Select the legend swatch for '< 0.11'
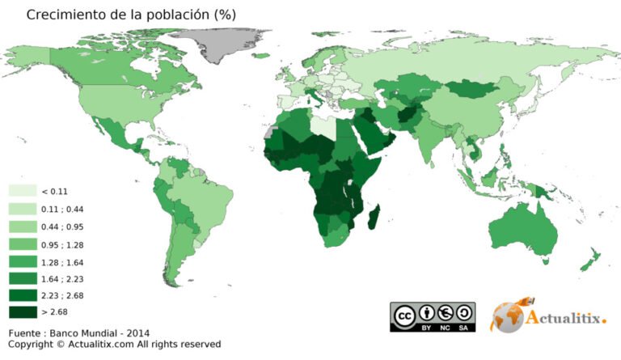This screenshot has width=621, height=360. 22,191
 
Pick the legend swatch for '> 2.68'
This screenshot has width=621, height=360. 22,311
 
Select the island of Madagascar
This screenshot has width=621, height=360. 373,218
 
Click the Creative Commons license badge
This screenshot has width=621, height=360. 432,316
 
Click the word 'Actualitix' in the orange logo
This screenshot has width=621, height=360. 566,319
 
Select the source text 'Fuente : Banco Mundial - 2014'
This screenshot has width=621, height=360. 79,333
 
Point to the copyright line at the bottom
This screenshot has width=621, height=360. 114,345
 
